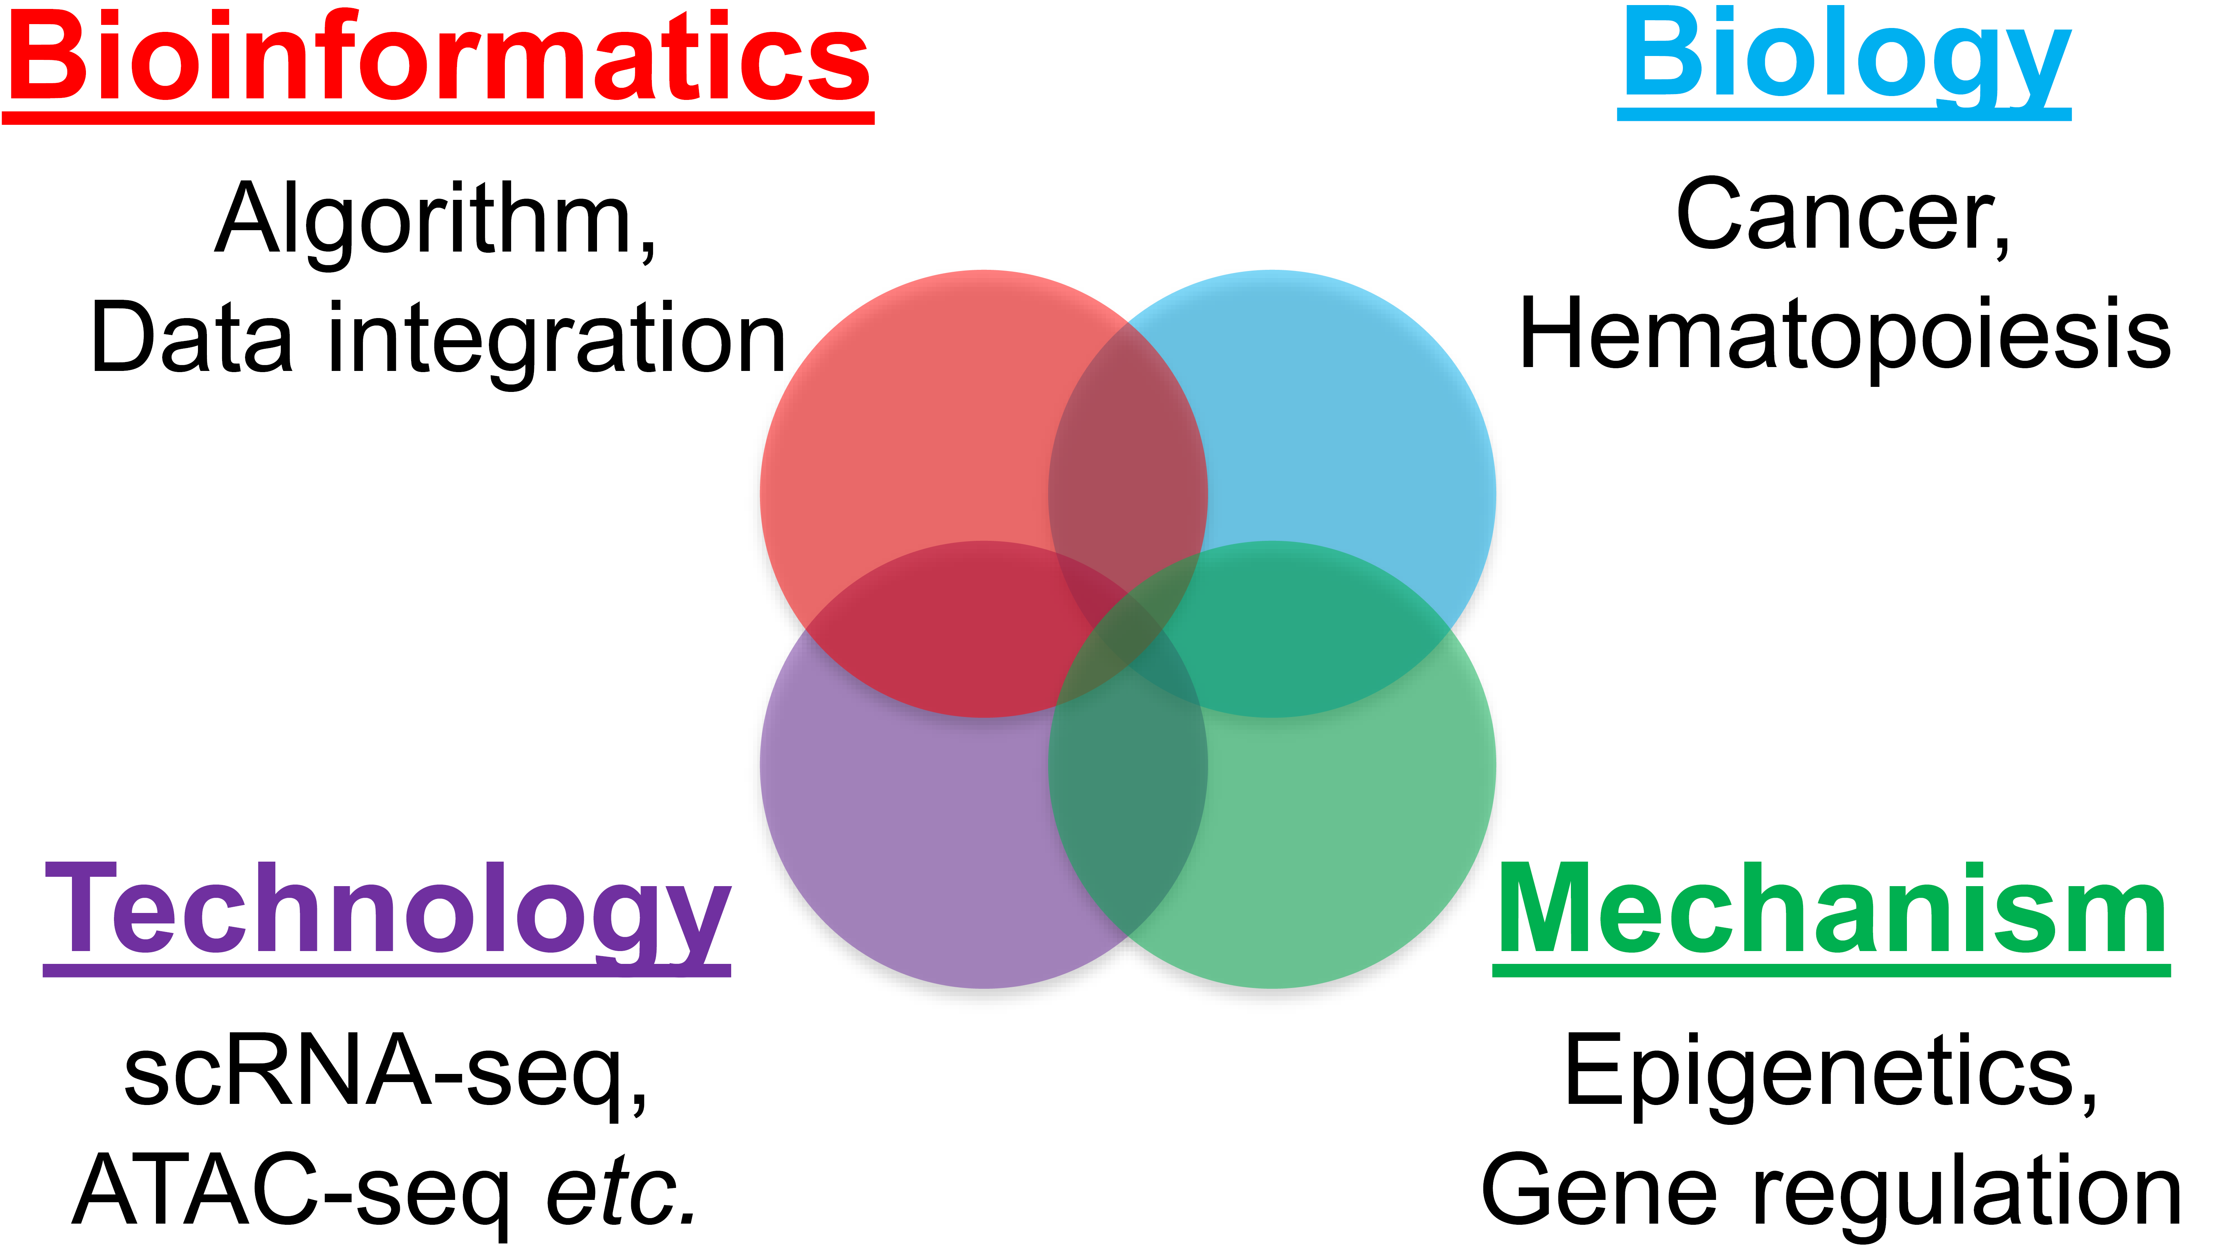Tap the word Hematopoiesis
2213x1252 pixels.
1845,335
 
